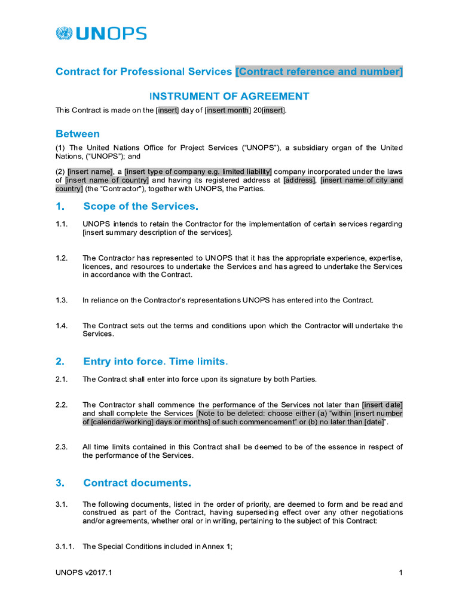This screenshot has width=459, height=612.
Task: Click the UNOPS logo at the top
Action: (101, 33)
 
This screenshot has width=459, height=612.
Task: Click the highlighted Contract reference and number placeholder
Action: (319, 72)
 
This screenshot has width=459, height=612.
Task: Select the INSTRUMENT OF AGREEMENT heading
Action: (229, 96)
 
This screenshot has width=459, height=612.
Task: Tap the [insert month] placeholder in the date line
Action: (227, 110)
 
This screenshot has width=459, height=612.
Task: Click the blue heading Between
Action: (78, 133)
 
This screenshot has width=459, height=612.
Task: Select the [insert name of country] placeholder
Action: (107, 180)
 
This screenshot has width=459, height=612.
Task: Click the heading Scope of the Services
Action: (140, 206)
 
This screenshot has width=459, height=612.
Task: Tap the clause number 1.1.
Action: (62, 224)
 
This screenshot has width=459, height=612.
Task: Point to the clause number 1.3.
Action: (62, 300)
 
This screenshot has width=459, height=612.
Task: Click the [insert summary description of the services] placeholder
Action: (157, 232)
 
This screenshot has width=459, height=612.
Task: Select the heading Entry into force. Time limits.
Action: (155, 362)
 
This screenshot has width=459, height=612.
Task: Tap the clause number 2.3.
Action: (62, 447)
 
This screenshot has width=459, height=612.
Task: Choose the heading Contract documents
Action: (137, 482)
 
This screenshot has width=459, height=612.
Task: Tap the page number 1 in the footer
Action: (400, 573)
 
